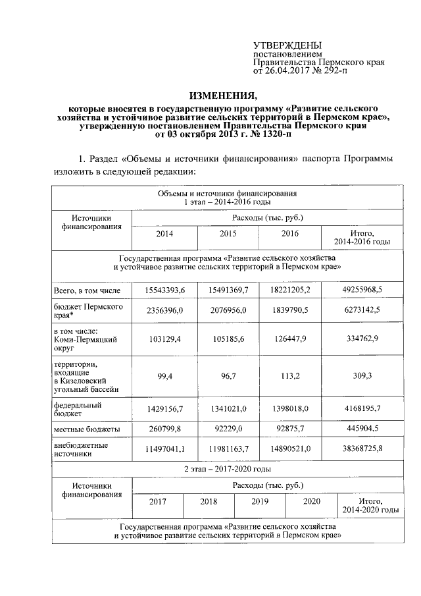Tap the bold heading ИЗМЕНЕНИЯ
222,95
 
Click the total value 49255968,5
362,289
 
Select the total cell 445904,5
362,429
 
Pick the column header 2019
260,501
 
